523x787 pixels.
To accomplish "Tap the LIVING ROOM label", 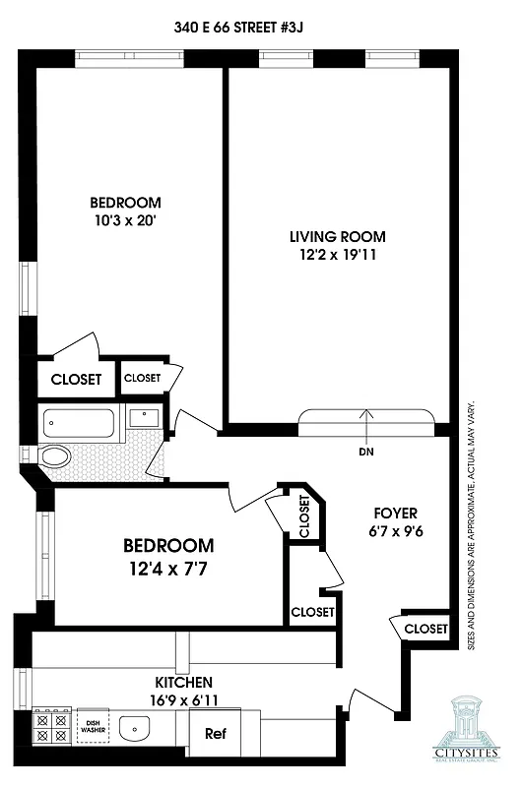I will point(337,236).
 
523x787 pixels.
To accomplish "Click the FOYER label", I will point(396,514).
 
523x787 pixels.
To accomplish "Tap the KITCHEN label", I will point(182,682).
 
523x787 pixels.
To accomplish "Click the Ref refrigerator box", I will point(216,734).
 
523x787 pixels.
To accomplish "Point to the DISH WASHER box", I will point(93,726).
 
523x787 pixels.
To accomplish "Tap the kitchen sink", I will point(134,729).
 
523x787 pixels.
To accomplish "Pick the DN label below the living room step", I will point(367,452).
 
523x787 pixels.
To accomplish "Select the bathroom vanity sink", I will point(143,417).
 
